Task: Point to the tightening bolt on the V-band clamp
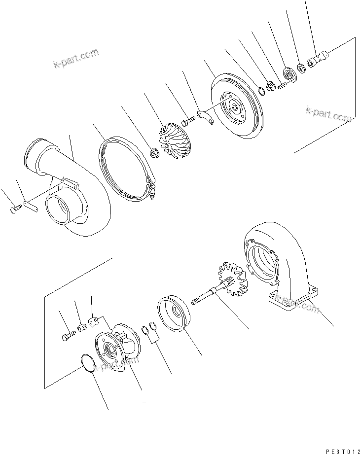pyautogui.click(x=153, y=192)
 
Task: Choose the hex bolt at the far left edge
pyautogui.click(x=13, y=210)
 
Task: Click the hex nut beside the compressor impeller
pyautogui.click(x=153, y=154)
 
